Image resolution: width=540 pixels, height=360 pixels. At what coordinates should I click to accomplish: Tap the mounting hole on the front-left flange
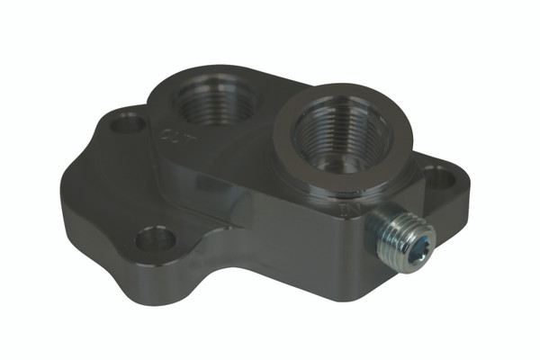[155, 238]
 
